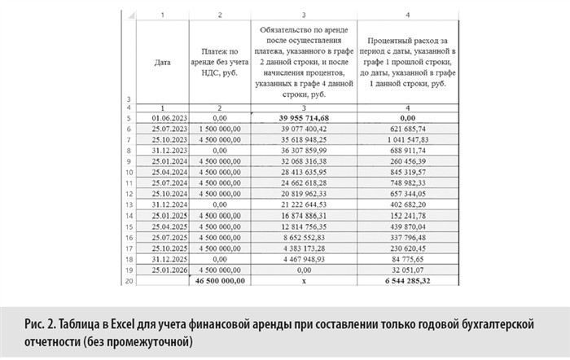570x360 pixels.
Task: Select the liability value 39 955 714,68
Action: (x=304, y=119)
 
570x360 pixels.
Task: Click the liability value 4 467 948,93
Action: (x=304, y=257)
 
